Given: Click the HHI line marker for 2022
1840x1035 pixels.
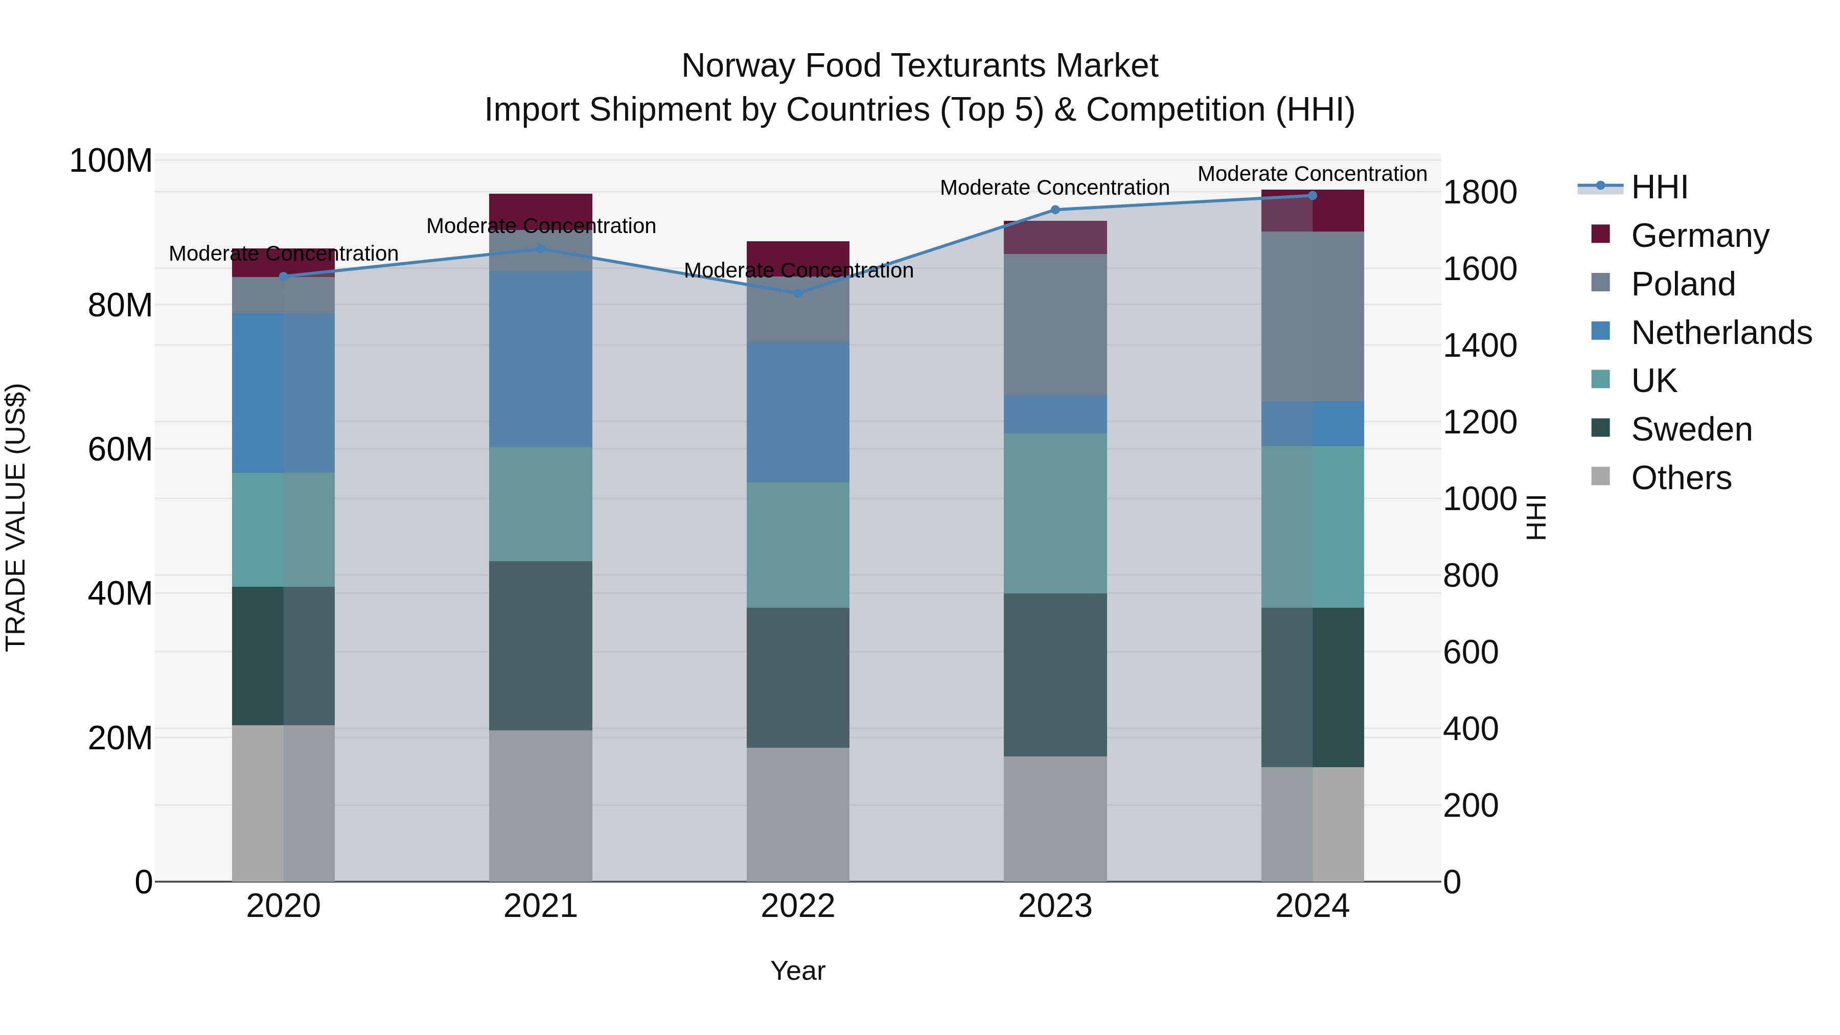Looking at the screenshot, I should tap(798, 293).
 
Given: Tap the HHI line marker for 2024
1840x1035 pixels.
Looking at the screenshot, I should tap(1312, 196).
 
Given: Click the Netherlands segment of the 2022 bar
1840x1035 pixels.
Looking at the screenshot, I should tap(798, 412).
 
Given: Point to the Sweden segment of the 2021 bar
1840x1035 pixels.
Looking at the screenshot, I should tap(541, 645).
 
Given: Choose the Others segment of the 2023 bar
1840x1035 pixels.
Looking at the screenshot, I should tap(1055, 819).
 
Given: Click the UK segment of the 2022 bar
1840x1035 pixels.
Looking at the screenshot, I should tap(798, 545).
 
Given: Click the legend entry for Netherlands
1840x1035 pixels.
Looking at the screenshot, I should tap(1721, 333).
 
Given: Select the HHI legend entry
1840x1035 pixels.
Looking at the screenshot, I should tap(1659, 187).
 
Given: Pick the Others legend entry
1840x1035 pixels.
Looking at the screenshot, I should tap(1681, 478).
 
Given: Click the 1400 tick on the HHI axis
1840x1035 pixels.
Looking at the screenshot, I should tap(1479, 346).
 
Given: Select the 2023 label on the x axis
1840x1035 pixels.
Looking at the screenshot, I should tap(1055, 906).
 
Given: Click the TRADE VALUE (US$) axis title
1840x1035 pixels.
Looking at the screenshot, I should tap(16, 517).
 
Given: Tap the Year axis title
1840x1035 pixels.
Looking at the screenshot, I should tap(798, 971).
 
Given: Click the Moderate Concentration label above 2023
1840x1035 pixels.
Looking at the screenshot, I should tap(1054, 188).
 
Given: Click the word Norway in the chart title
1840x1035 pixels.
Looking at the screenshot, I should tap(739, 66).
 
